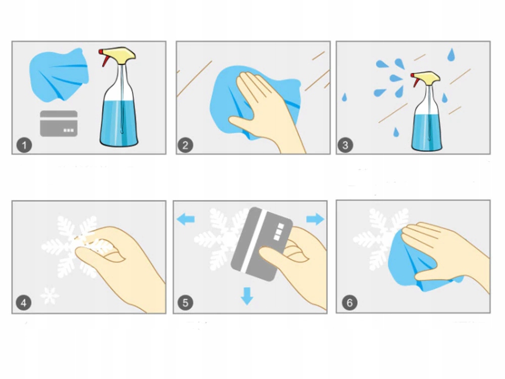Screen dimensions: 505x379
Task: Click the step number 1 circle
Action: click(24, 146)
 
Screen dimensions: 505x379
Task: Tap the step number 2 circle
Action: click(185, 146)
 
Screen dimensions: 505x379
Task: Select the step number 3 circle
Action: click(345, 146)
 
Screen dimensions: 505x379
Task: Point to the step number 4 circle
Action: click(24, 303)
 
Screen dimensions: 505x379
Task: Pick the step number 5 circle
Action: click(185, 303)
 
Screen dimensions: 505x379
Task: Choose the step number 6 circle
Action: click(349, 303)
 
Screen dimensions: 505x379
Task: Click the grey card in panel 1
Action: click(59, 123)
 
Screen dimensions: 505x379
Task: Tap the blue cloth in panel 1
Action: click(59, 75)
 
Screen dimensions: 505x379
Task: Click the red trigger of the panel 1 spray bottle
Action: click(105, 59)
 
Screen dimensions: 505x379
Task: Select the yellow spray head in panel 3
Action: click(427, 77)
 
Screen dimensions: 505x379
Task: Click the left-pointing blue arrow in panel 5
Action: click(186, 219)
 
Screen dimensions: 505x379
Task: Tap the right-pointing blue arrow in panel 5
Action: click(315, 219)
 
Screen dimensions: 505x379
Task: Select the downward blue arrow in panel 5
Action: click(247, 296)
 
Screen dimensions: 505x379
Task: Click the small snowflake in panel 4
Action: click(49, 296)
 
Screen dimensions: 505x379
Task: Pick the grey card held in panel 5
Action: click(262, 244)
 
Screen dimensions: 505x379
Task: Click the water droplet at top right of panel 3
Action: click(451, 55)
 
